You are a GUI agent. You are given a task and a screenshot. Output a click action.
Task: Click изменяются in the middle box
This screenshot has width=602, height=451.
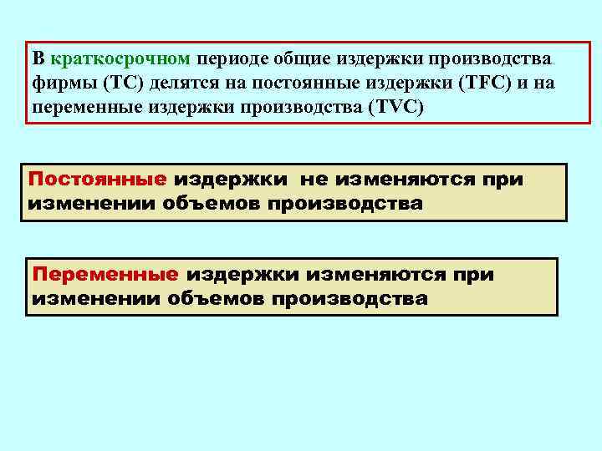pos(406,180)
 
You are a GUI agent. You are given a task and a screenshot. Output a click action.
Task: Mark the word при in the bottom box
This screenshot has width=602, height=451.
pos(474,275)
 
